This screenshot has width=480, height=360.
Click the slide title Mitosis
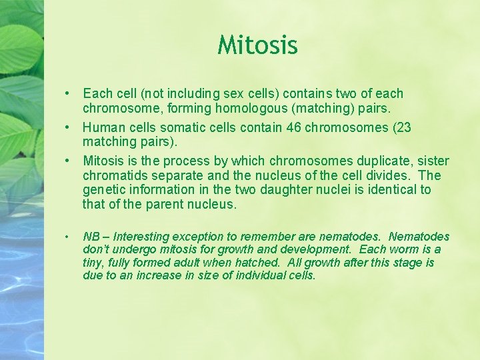257,45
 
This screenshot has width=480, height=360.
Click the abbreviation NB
91,237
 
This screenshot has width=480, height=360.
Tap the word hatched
259,263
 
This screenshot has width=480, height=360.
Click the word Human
101,128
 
